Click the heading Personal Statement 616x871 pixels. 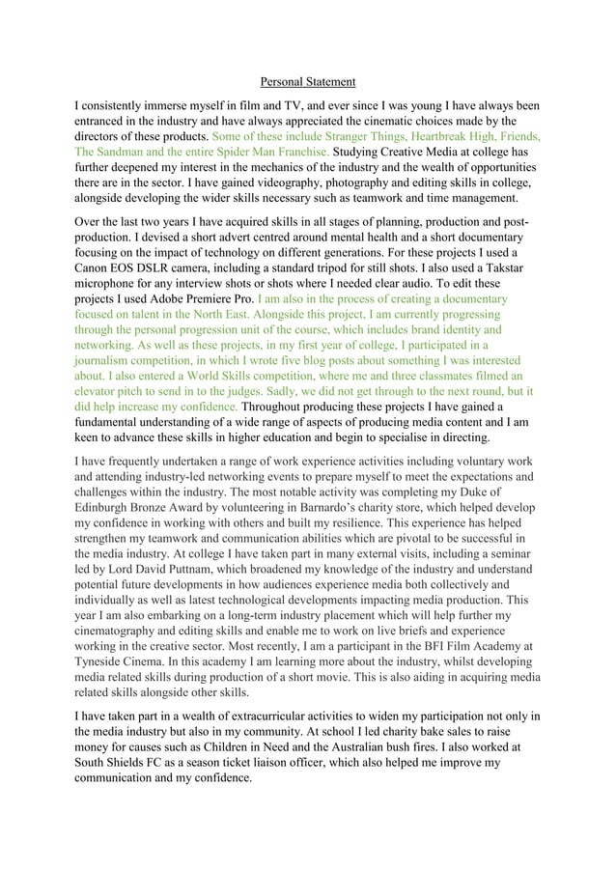click(x=309, y=82)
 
